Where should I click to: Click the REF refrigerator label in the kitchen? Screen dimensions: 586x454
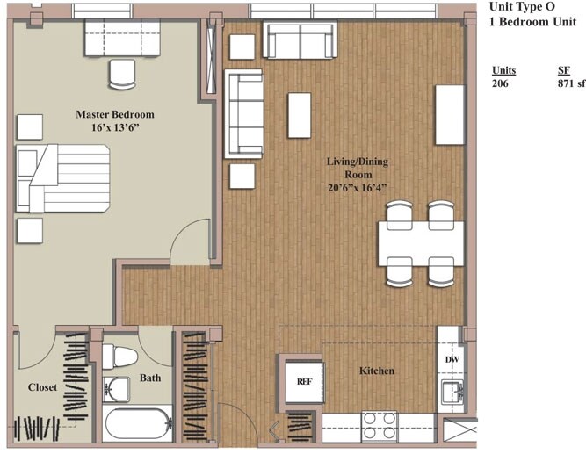tap(304, 381)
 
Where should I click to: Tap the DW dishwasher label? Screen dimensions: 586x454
tap(452, 359)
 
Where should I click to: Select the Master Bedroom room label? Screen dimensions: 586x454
tap(115, 114)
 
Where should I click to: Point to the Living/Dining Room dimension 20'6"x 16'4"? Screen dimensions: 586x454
tap(357, 187)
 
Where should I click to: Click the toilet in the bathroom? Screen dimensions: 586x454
tap(119, 357)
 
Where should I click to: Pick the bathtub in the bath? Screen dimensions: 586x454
tap(138, 424)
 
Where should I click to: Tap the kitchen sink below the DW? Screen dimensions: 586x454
tap(452, 392)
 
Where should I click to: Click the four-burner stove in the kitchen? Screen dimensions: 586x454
tap(380, 426)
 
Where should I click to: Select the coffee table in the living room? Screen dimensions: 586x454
tap(300, 115)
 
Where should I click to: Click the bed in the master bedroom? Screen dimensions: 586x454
tap(62, 178)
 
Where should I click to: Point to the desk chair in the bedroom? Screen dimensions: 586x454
tap(122, 75)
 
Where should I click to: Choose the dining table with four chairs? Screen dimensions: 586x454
tap(421, 243)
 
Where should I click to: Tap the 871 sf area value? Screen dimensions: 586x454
tap(571, 83)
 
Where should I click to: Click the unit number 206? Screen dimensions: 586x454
tap(500, 83)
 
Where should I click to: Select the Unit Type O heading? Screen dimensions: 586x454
tap(522, 7)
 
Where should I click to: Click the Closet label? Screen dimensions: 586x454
tap(42, 387)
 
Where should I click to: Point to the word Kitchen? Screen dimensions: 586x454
tap(377, 371)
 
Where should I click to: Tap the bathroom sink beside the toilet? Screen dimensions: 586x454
tap(116, 389)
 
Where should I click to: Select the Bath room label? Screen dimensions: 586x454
tap(150, 378)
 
